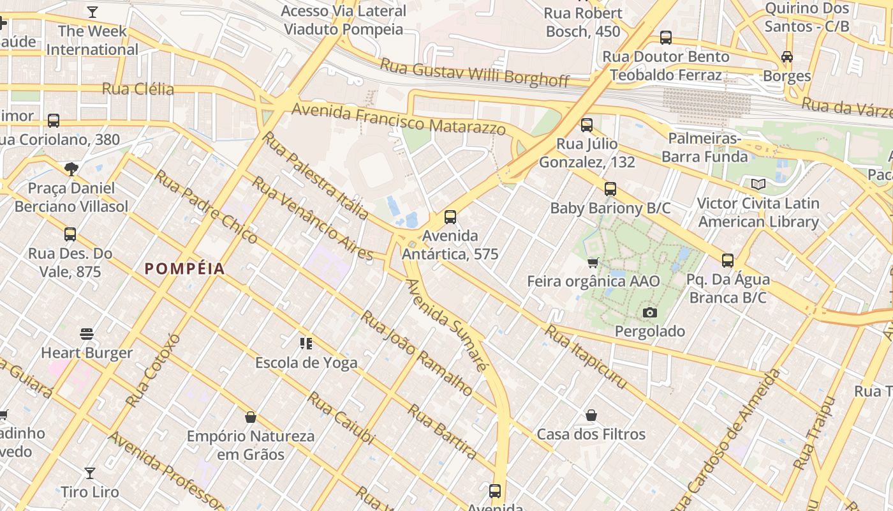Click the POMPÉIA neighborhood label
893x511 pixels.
[185, 269]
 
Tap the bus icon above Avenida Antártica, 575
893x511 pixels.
[450, 217]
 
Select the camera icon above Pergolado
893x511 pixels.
[650, 312]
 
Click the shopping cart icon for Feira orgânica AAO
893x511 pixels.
[593, 263]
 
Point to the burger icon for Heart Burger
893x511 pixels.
[87, 334]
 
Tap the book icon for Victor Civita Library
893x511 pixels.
[758, 185]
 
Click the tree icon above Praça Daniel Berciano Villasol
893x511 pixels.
[71, 169]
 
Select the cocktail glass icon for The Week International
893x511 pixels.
[92, 12]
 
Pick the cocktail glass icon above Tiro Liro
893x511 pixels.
[90, 473]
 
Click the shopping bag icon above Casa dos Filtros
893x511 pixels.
[591, 416]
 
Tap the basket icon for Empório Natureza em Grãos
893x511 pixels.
[251, 418]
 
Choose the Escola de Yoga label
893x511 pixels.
[306, 363]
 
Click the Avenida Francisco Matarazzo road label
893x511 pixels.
[399, 120]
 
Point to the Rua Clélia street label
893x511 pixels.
[138, 89]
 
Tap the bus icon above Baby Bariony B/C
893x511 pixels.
[610, 189]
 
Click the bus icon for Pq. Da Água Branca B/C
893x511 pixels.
[728, 261]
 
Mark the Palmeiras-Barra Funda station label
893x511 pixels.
[704, 148]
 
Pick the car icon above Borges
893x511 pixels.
[787, 57]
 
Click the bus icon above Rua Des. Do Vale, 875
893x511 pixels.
[70, 234]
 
